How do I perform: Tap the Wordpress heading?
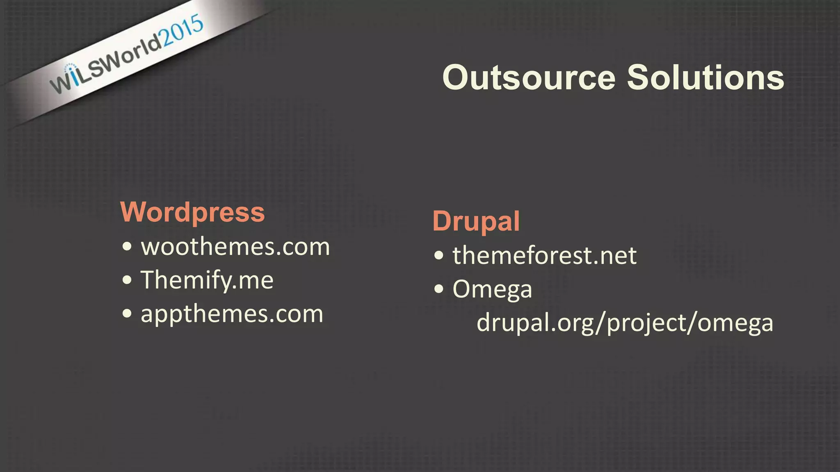[x=192, y=212]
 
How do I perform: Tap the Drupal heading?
[x=476, y=221]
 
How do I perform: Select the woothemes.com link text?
[x=235, y=247]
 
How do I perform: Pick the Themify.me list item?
[x=207, y=281]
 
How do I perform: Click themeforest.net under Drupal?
[x=544, y=256]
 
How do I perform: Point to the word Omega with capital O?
[x=492, y=289]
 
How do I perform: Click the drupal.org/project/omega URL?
[x=625, y=323]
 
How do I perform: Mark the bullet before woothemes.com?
[x=127, y=247]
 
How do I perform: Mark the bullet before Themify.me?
[x=127, y=281]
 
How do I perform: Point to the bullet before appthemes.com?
[x=127, y=314]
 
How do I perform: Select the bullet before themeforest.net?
[x=439, y=256]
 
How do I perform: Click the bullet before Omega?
[x=439, y=289]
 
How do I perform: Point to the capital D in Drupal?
[x=443, y=221]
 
